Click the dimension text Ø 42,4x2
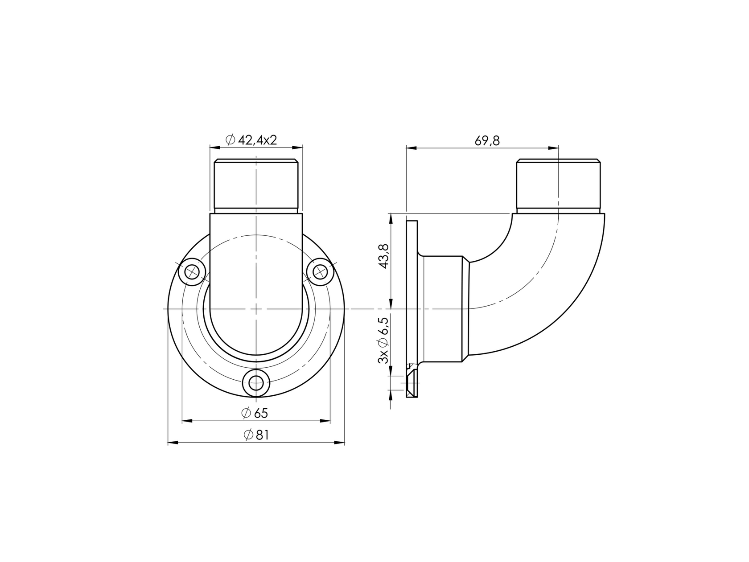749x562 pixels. (x=252, y=140)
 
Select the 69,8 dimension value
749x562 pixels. (x=487, y=141)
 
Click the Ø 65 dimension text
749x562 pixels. (x=255, y=413)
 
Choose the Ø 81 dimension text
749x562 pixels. (x=256, y=435)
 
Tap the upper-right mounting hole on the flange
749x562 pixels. (x=320, y=271)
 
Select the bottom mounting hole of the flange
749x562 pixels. (x=256, y=382)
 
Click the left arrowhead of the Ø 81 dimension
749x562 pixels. (x=172, y=443)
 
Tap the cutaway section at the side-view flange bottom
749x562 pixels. (x=412, y=381)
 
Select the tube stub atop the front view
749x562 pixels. (x=256, y=185)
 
